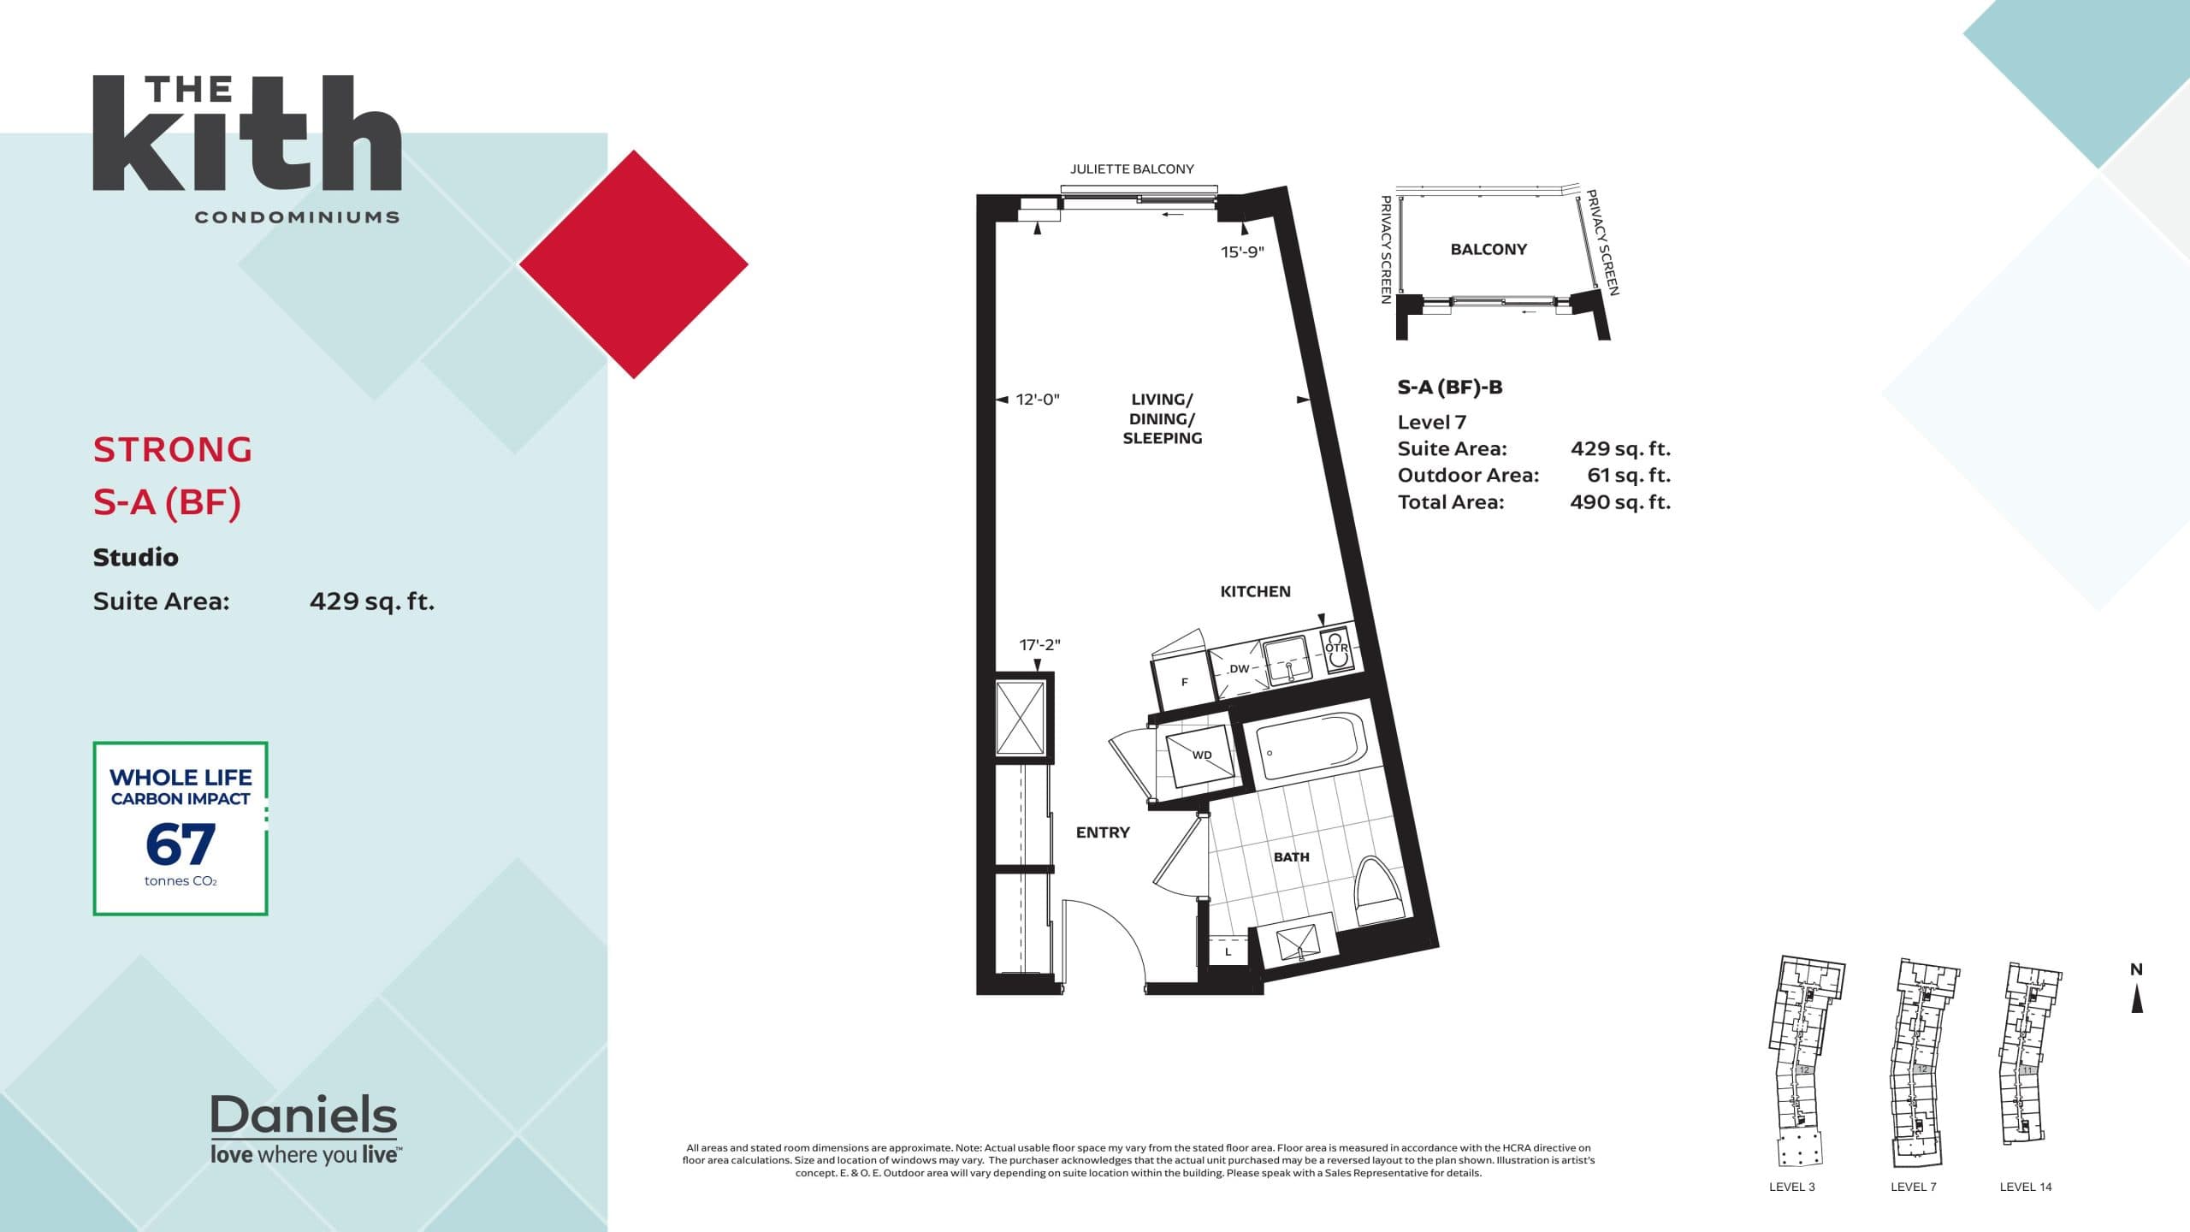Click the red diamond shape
point(634,264)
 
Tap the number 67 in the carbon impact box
point(181,844)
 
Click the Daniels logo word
point(304,1116)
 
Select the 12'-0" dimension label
point(1037,400)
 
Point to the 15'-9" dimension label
point(1242,252)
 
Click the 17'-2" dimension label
point(1039,645)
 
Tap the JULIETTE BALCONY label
point(1132,169)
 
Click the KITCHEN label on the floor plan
point(1255,591)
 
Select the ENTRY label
point(1103,832)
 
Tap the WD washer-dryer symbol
point(1201,755)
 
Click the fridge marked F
point(1184,681)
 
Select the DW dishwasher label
point(1239,669)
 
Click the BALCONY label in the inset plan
point(1489,249)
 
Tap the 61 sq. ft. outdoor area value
point(1628,475)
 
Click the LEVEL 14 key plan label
point(2025,1187)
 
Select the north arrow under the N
point(2136,998)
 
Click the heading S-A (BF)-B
point(1449,387)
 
